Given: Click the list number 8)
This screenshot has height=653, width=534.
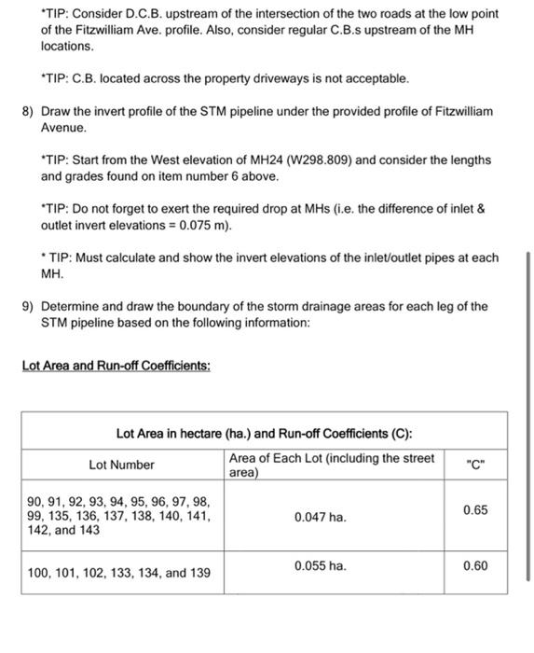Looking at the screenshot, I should click(x=28, y=112).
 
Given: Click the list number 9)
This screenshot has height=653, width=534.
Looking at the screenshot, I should click(x=28, y=306).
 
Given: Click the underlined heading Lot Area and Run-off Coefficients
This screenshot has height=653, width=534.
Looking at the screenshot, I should click(x=116, y=365).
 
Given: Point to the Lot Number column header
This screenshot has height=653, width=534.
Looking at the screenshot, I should click(x=122, y=465).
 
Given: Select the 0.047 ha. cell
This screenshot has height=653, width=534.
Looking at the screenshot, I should click(x=320, y=517).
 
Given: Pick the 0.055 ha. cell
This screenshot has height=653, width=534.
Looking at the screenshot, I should click(x=320, y=566).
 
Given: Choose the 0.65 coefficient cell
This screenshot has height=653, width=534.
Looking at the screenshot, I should click(x=475, y=511).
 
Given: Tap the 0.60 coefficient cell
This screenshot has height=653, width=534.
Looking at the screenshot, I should click(x=475, y=566).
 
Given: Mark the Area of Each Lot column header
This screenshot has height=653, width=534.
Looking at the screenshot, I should click(x=331, y=465).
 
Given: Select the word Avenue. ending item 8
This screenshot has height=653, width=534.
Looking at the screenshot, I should click(x=64, y=127).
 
